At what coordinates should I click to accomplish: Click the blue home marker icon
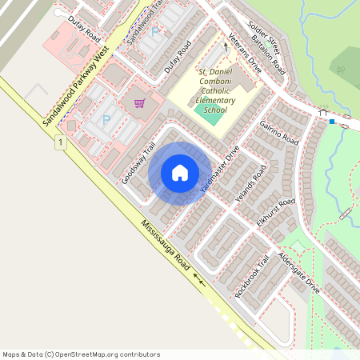(x=180, y=172)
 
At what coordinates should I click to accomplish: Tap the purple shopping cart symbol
(x=139, y=103)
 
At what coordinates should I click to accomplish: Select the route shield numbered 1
(x=60, y=142)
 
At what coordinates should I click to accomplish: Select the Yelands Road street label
(x=247, y=189)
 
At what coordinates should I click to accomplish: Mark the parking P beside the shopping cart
(x=106, y=120)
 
